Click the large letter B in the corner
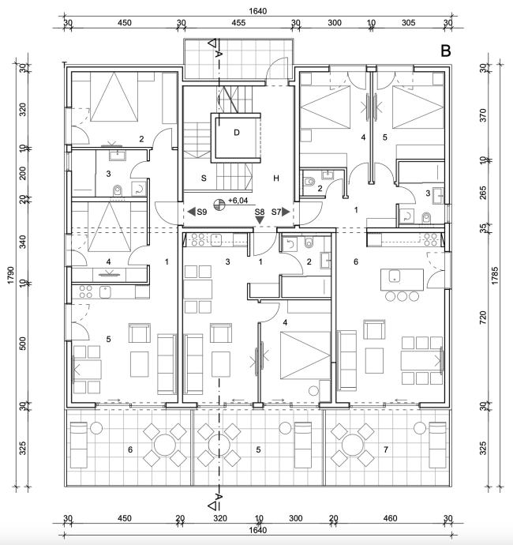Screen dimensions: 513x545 [x=446, y=51]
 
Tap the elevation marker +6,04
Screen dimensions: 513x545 [x=238, y=201]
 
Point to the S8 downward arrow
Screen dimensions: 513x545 [x=260, y=220]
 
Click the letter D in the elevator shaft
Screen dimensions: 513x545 [x=237, y=133]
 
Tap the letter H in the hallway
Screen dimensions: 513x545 [x=276, y=179]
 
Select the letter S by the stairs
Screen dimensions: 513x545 [x=204, y=179]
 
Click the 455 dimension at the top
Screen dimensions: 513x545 [x=238, y=23]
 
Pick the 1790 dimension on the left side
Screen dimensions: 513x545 [x=10, y=275]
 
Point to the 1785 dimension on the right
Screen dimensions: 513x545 [x=495, y=276]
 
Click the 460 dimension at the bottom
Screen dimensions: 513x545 [x=390, y=518]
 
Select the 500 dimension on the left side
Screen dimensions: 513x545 [x=22, y=344]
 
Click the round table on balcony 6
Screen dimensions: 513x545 [x=165, y=445]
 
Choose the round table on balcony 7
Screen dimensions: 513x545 [x=353, y=445]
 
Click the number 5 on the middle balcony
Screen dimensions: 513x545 [x=258, y=449]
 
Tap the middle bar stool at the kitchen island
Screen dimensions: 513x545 [x=403, y=296]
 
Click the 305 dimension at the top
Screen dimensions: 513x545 [x=409, y=23]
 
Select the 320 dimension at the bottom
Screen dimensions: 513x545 [x=220, y=518]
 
